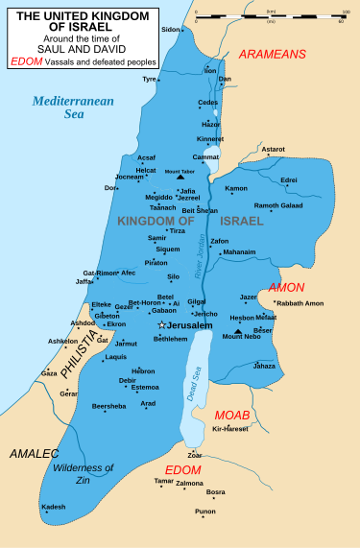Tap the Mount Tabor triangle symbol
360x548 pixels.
[x=180, y=178]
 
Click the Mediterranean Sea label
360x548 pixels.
[x=72, y=107]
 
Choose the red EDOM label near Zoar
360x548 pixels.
[x=182, y=469]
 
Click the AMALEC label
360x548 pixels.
[x=33, y=452]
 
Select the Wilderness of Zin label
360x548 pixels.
[x=84, y=473]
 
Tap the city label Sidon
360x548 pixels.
[x=170, y=30]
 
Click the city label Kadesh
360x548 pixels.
[x=54, y=506]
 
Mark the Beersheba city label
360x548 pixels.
[x=108, y=406]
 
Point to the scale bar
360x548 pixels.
[x=270, y=14]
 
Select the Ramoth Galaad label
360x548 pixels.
[x=278, y=205]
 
